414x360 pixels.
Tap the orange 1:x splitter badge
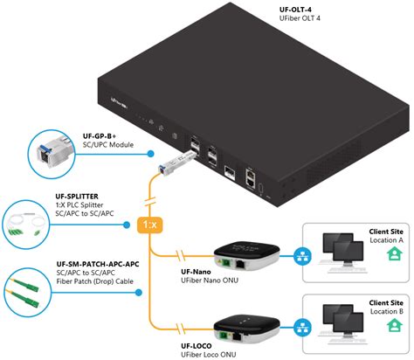[x=151, y=224]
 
